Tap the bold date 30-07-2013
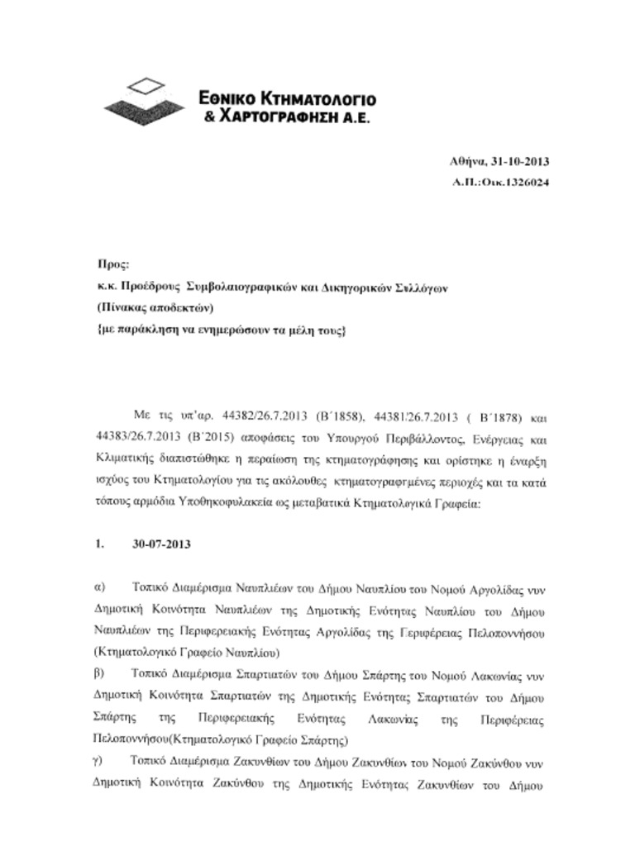[x=161, y=544]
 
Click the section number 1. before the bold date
[x=100, y=544]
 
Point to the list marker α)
[x=101, y=587]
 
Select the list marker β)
[x=101, y=673]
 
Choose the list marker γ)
[x=100, y=759]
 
